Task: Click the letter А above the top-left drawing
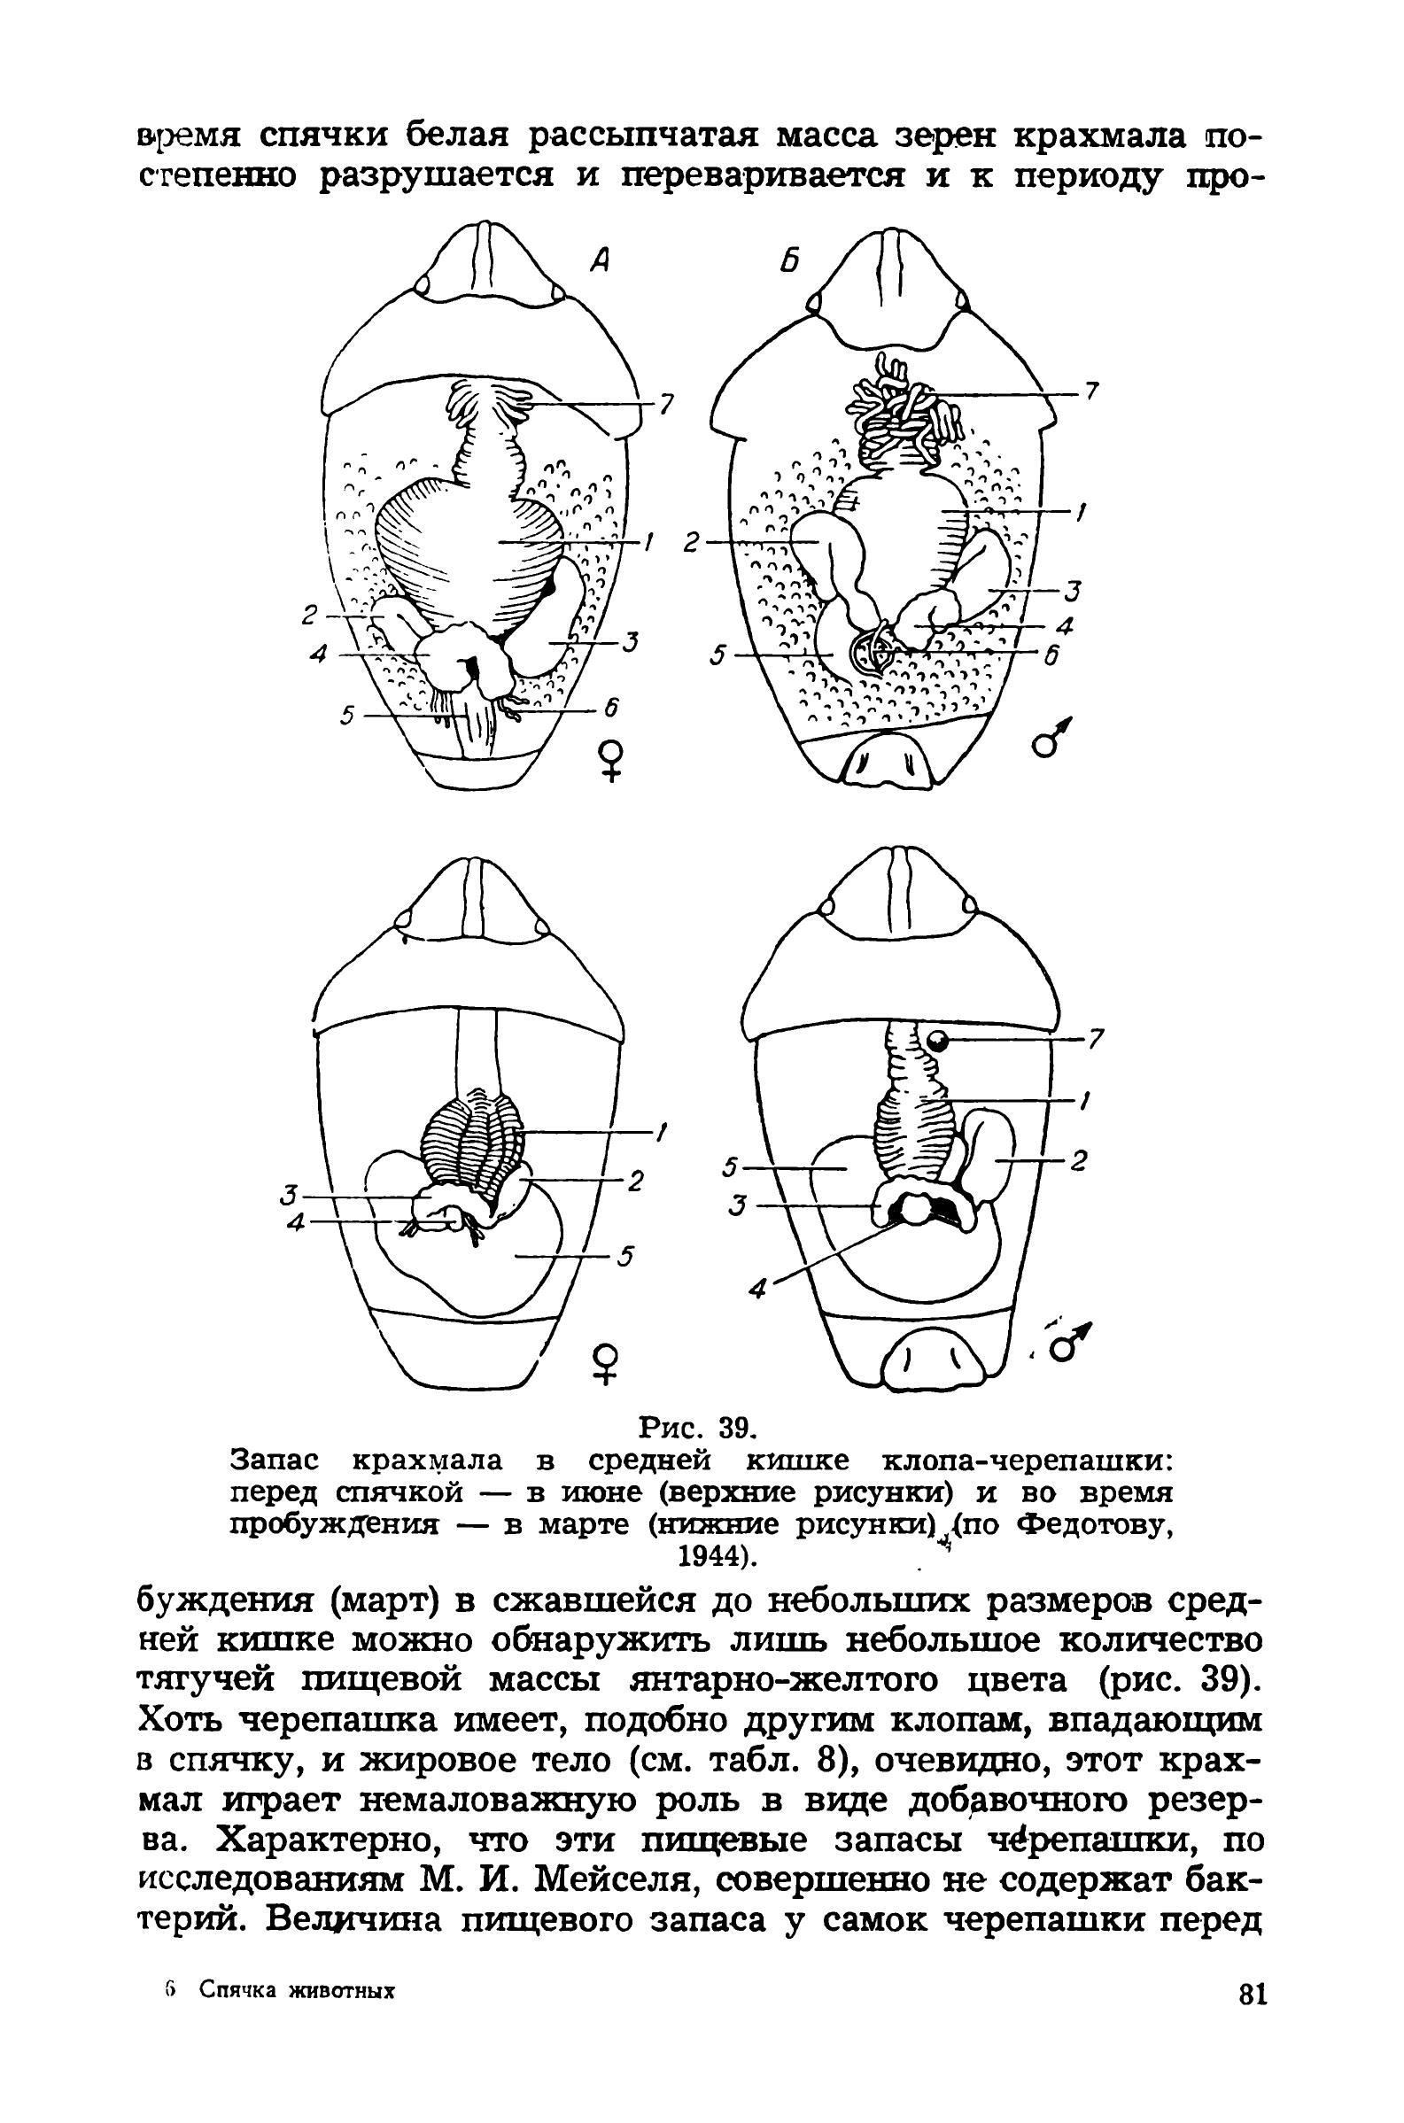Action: [x=599, y=260]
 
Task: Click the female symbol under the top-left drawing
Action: [x=610, y=760]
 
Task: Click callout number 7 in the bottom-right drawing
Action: [x=1097, y=1040]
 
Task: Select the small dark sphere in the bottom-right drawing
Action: [x=937, y=1040]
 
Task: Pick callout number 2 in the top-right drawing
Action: [x=692, y=544]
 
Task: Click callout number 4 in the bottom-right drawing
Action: [x=757, y=1290]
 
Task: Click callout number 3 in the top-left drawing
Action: [x=631, y=642]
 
